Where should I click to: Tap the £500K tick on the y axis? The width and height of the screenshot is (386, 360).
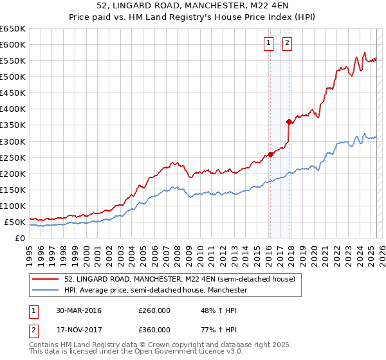[x=13, y=76]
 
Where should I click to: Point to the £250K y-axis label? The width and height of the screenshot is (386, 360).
[x=13, y=157]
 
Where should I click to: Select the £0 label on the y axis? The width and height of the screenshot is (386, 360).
[x=19, y=238]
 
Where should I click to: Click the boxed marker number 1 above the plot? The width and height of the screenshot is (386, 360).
[x=268, y=44]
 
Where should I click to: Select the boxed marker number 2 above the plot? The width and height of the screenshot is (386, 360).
[x=287, y=44]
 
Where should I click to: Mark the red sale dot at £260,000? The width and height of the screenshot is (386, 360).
[x=271, y=154]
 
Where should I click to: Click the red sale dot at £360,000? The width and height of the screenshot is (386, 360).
[x=289, y=122]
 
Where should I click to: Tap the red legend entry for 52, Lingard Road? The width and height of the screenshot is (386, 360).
[x=179, y=280]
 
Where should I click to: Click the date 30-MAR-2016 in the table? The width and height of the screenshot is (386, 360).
[x=78, y=310]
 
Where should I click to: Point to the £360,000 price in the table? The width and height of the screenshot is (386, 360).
[x=154, y=330]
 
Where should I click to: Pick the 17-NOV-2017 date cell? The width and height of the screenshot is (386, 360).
[x=78, y=330]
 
